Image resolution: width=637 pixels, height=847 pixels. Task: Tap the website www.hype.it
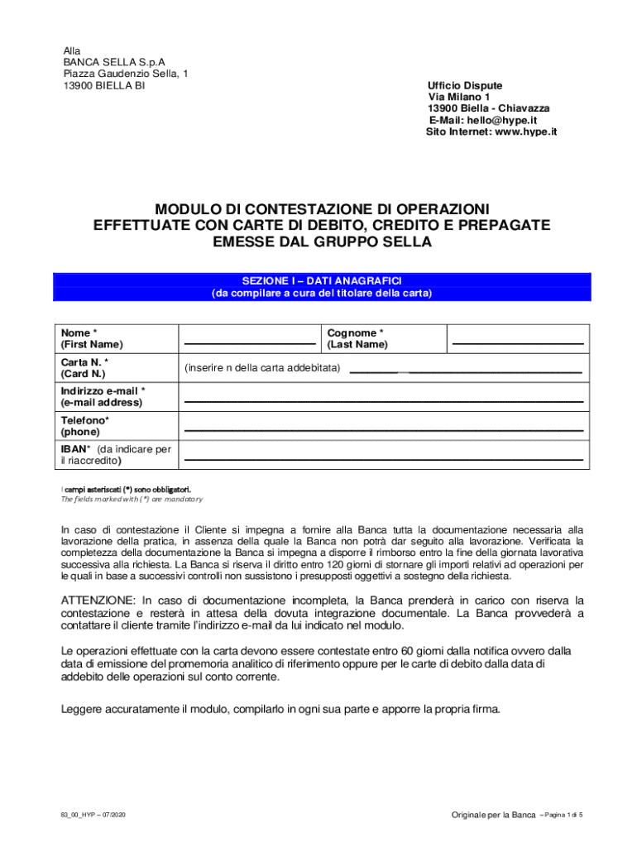pyautogui.click(x=525, y=132)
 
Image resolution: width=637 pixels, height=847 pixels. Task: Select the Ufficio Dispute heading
pyautogui.click(x=465, y=85)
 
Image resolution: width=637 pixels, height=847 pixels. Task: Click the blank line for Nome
pyautogui.click(x=249, y=341)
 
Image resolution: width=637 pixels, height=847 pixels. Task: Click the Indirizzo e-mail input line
pyautogui.click(x=383, y=400)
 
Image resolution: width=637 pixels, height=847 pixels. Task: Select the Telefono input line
pyautogui.click(x=383, y=429)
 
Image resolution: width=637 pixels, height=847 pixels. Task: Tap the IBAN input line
pyautogui.click(x=383, y=457)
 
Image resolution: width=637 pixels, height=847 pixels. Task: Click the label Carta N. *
pyautogui.click(x=84, y=362)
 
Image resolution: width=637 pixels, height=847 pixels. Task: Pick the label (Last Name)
pyautogui.click(x=357, y=344)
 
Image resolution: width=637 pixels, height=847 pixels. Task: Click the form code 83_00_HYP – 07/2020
pyautogui.click(x=94, y=816)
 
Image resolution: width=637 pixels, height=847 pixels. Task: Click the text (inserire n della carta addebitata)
pyautogui.click(x=262, y=366)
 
